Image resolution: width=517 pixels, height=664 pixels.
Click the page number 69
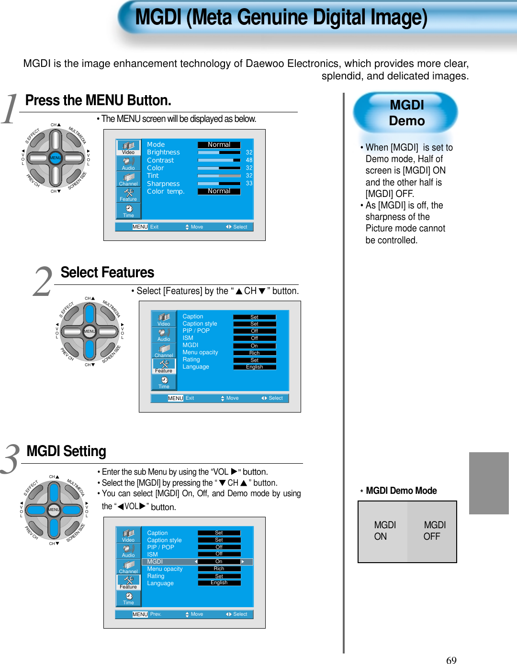click(451, 660)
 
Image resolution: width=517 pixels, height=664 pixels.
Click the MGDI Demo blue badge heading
click(406, 113)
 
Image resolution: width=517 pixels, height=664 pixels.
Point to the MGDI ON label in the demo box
click(384, 531)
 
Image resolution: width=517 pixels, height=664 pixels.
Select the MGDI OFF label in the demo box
click(434, 531)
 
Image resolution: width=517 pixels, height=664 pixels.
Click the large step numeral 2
click(43, 282)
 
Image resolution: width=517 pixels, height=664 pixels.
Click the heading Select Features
click(107, 272)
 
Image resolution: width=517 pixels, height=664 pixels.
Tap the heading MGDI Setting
click(66, 451)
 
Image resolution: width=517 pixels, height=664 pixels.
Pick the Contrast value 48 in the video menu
click(249, 160)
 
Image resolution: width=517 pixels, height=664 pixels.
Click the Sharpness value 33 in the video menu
click(249, 183)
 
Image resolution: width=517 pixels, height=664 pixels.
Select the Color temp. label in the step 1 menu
click(166, 191)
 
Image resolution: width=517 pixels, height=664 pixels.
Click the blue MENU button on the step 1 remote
click(56, 158)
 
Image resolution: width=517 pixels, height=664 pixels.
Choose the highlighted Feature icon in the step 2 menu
click(164, 366)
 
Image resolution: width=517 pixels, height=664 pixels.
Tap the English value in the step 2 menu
click(254, 367)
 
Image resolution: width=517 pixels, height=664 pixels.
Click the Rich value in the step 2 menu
click(254, 353)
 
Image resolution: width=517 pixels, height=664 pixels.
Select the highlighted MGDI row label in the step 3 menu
click(155, 562)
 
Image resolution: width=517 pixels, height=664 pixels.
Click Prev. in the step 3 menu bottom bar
click(156, 614)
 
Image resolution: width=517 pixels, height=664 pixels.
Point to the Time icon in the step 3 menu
click(128, 599)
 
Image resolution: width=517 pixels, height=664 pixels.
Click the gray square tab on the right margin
click(488, 483)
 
